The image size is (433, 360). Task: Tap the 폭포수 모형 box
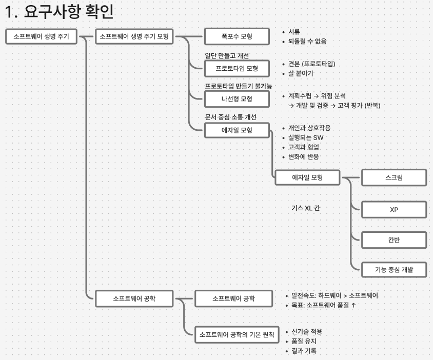click(237, 36)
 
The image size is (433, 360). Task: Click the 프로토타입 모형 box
click(237, 68)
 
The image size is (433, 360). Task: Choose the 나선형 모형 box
click(237, 98)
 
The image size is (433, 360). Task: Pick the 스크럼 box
click(393, 178)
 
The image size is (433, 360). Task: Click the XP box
click(393, 210)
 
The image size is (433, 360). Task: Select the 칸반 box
click(393, 240)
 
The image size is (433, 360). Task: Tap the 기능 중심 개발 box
click(393, 269)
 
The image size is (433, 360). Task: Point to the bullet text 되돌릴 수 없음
click(307, 41)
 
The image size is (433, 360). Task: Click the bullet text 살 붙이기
click(301, 73)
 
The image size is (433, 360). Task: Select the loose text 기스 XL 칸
click(306, 208)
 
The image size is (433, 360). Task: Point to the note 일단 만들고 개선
click(227, 55)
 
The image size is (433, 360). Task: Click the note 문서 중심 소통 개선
click(230, 117)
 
